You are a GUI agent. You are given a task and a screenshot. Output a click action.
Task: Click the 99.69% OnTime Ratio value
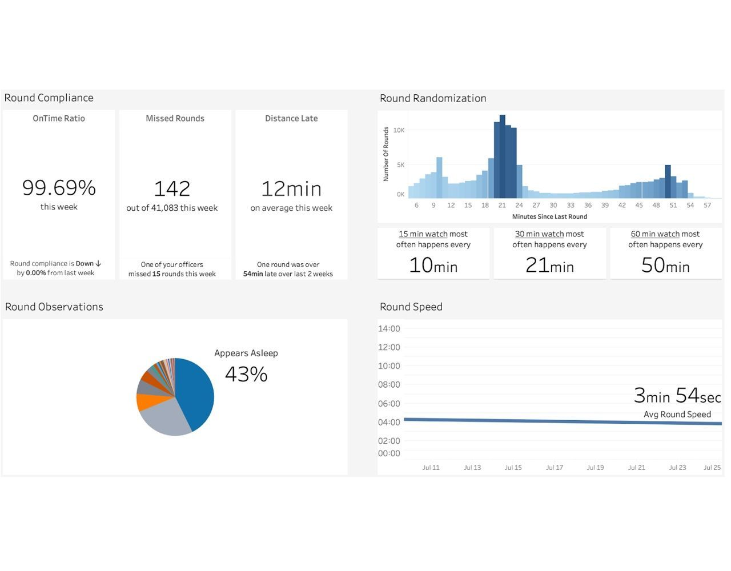[x=59, y=188]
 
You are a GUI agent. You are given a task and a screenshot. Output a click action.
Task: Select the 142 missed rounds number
[x=172, y=188]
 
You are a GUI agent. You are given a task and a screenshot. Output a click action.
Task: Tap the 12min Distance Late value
[x=291, y=188]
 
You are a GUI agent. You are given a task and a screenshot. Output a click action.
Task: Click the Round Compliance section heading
[x=49, y=98]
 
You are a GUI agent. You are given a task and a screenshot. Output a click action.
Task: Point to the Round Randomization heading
[x=433, y=98]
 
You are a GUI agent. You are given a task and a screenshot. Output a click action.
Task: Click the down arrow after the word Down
[x=99, y=264]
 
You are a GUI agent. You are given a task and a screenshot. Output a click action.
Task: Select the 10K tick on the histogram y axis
[x=399, y=130]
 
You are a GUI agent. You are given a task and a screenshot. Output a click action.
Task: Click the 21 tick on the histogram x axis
[x=502, y=205]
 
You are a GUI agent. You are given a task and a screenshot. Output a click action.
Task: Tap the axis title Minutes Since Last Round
[x=549, y=216]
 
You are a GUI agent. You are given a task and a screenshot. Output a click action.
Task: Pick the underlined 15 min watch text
[x=423, y=234]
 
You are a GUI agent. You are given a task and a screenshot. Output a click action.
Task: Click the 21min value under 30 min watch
[x=549, y=265]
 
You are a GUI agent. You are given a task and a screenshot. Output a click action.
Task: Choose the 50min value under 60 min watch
[x=665, y=265]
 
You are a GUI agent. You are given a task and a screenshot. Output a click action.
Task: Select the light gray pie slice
[x=163, y=420]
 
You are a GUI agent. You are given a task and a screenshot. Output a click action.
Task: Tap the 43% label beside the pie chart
[x=246, y=374]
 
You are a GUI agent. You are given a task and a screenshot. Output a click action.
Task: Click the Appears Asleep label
[x=246, y=353]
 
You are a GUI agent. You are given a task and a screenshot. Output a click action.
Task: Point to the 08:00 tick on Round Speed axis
[x=389, y=384]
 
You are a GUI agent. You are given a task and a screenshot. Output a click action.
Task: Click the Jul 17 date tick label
[x=554, y=467]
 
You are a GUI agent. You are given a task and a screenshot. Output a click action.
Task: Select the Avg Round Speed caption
[x=677, y=414]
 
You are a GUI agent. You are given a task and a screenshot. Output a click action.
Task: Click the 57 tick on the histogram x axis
[x=707, y=205]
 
